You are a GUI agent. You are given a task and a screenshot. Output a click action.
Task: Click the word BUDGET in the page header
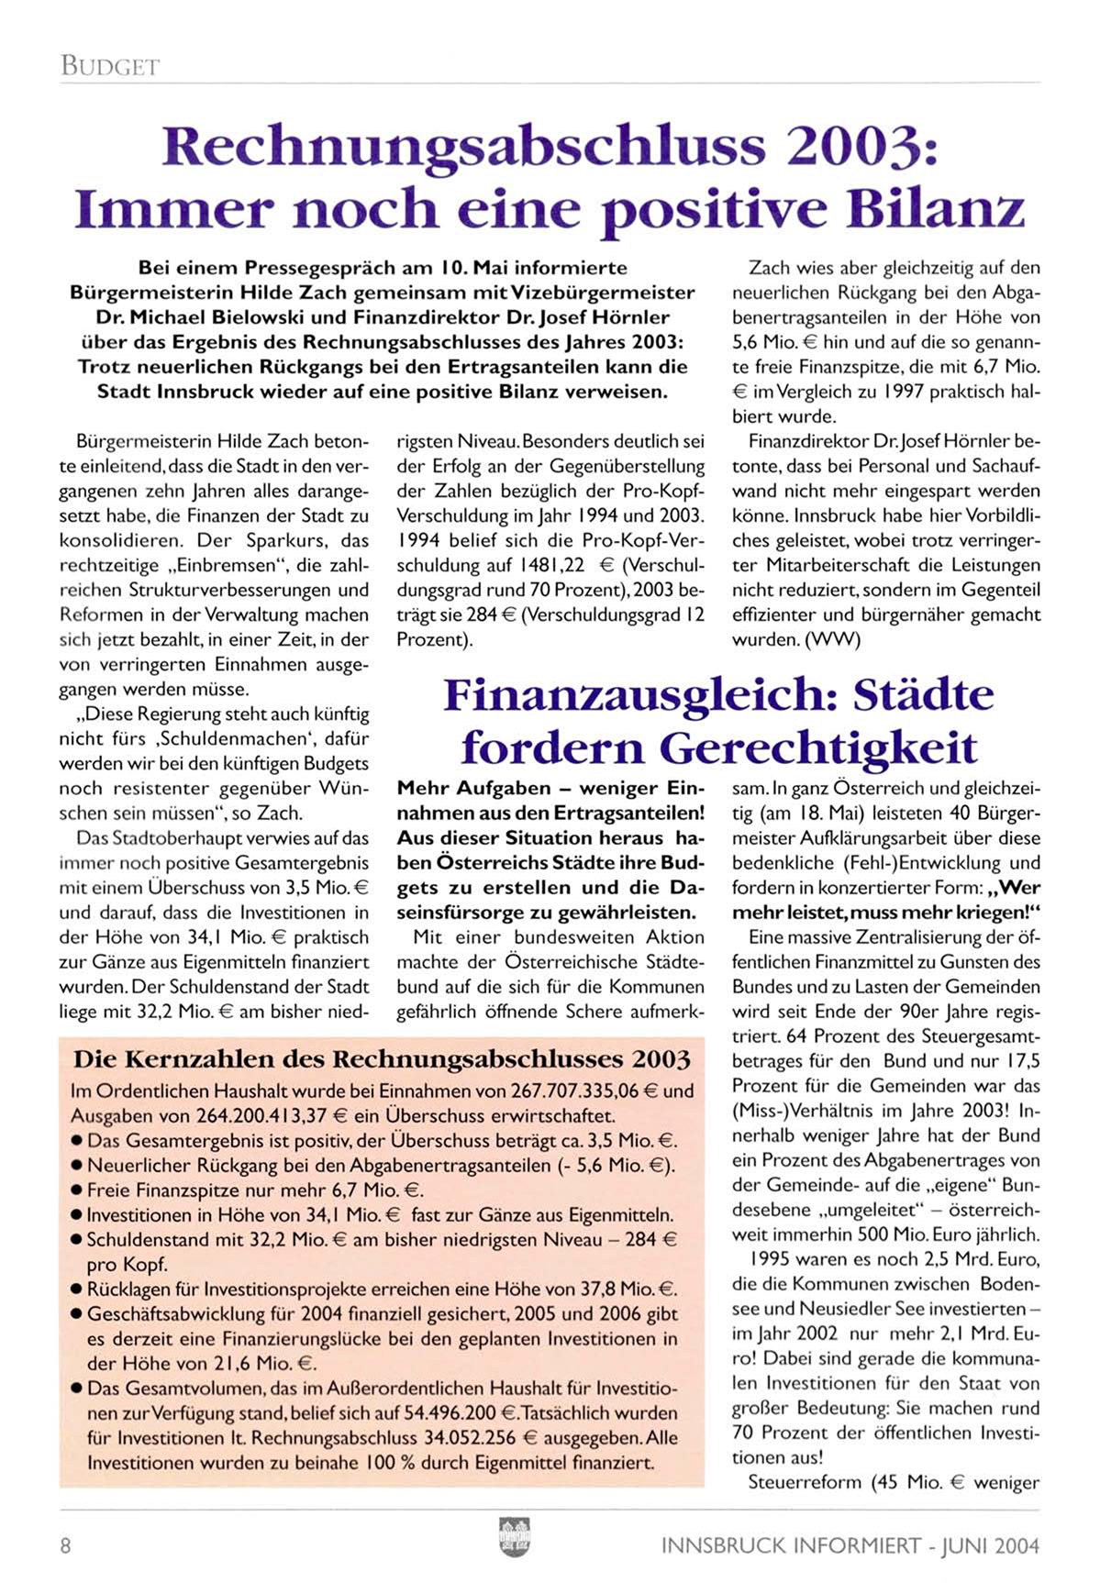(x=110, y=66)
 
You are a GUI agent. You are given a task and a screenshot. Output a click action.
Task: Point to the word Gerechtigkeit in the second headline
(x=817, y=747)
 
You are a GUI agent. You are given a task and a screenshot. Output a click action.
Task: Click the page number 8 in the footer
(x=65, y=1546)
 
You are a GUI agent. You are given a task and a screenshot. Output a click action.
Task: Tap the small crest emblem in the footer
(x=514, y=1535)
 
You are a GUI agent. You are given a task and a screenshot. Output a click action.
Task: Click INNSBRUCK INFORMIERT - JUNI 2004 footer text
(x=850, y=1546)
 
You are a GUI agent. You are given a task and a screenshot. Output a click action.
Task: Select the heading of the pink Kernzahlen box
(x=382, y=1060)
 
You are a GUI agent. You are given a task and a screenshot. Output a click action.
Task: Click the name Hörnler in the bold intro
(x=638, y=317)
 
